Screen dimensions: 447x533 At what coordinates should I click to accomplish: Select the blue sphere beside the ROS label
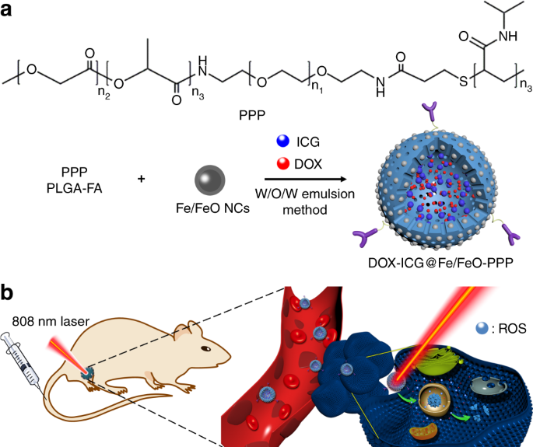coord(482,328)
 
